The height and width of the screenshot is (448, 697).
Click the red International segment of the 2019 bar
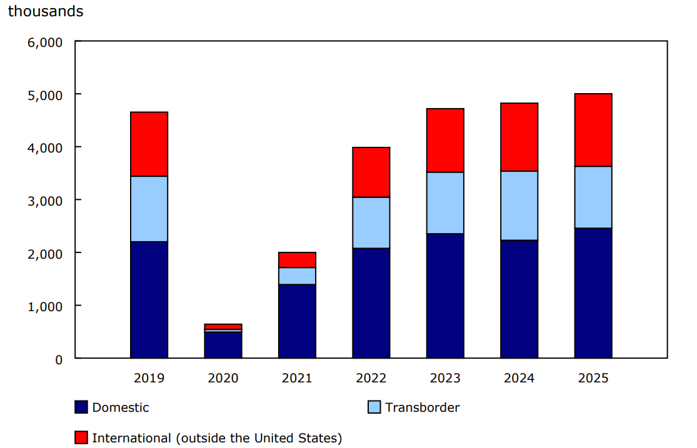click(149, 144)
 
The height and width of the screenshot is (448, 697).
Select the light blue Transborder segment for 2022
click(371, 222)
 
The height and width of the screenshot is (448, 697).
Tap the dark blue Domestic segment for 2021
click(297, 321)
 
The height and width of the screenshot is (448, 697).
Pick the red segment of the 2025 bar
click(593, 130)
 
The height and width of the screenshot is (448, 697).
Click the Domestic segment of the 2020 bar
click(223, 345)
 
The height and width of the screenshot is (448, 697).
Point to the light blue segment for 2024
click(519, 206)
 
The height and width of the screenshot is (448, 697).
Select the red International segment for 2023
click(445, 141)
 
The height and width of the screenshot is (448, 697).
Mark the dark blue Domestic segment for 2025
click(593, 293)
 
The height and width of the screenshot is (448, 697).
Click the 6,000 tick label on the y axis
click(46, 42)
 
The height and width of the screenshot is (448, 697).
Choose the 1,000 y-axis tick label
click(46, 307)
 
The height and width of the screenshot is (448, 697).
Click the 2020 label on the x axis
click(223, 378)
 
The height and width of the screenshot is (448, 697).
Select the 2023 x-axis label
click(445, 378)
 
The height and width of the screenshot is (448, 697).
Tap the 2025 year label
click(593, 378)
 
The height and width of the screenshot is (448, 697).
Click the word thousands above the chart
click(45, 11)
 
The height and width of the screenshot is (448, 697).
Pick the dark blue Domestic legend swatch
click(81, 407)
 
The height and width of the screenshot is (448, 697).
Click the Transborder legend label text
click(422, 407)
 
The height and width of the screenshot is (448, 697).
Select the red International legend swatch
click(81, 438)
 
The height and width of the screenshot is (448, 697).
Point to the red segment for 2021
click(297, 260)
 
